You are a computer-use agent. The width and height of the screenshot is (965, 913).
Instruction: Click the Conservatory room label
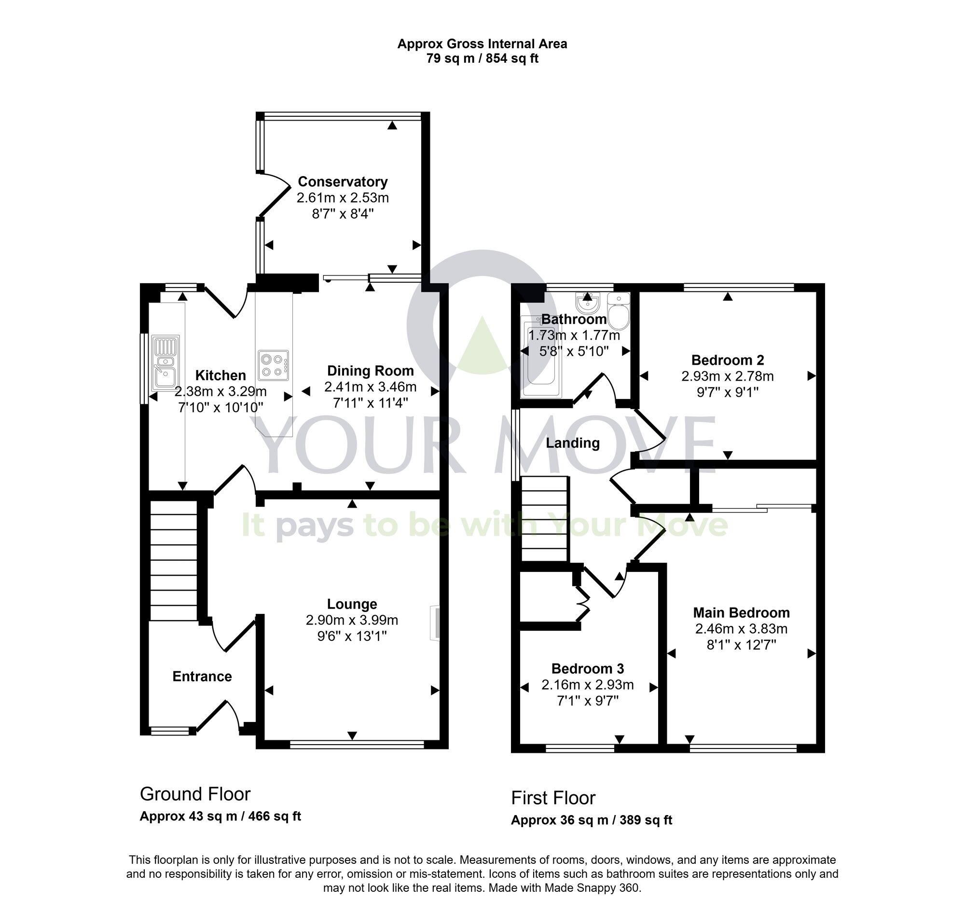click(343, 181)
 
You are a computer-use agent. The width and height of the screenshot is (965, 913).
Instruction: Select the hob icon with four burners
click(273, 365)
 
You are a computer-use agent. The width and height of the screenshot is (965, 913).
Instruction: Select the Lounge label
click(352, 604)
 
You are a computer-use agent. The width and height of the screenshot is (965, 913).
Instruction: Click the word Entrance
click(202, 676)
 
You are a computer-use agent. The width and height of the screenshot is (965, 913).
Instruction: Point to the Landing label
click(572, 443)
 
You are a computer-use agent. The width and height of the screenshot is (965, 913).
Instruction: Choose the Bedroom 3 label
click(587, 668)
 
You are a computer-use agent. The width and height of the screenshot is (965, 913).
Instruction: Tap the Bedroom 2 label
click(727, 360)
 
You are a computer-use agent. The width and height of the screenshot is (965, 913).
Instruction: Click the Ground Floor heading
click(194, 794)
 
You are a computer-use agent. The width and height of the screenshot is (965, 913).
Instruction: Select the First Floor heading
click(553, 798)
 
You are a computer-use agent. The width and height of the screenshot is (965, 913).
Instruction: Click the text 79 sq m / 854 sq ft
click(482, 59)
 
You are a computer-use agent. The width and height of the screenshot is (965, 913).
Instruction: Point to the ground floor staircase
click(173, 560)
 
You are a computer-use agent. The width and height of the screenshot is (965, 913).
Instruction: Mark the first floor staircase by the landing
click(545, 519)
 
